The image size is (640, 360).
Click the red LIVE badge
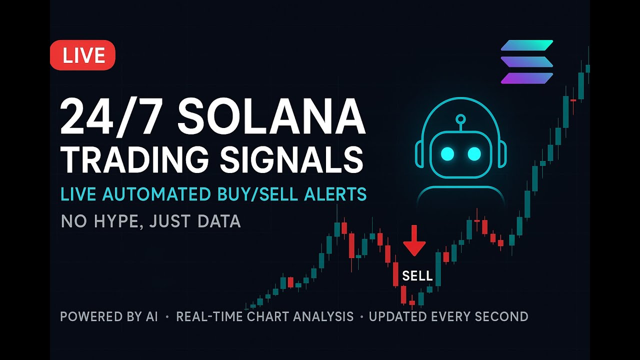pyautogui.click(x=83, y=55)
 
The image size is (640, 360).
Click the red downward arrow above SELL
pyautogui.click(x=414, y=241)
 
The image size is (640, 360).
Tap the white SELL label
pyautogui.click(x=417, y=276)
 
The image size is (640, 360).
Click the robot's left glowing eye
pyautogui.click(x=447, y=154)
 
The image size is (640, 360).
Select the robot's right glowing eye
pyautogui.click(x=474, y=154)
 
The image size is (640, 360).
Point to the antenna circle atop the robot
pyautogui.click(x=460, y=119)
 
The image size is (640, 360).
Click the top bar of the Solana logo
pyautogui.click(x=527, y=45)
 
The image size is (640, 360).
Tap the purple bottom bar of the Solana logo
pyautogui.click(x=527, y=78)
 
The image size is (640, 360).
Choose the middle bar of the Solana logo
pyautogui.click(x=527, y=62)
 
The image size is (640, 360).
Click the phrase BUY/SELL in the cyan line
pyautogui.click(x=264, y=194)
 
